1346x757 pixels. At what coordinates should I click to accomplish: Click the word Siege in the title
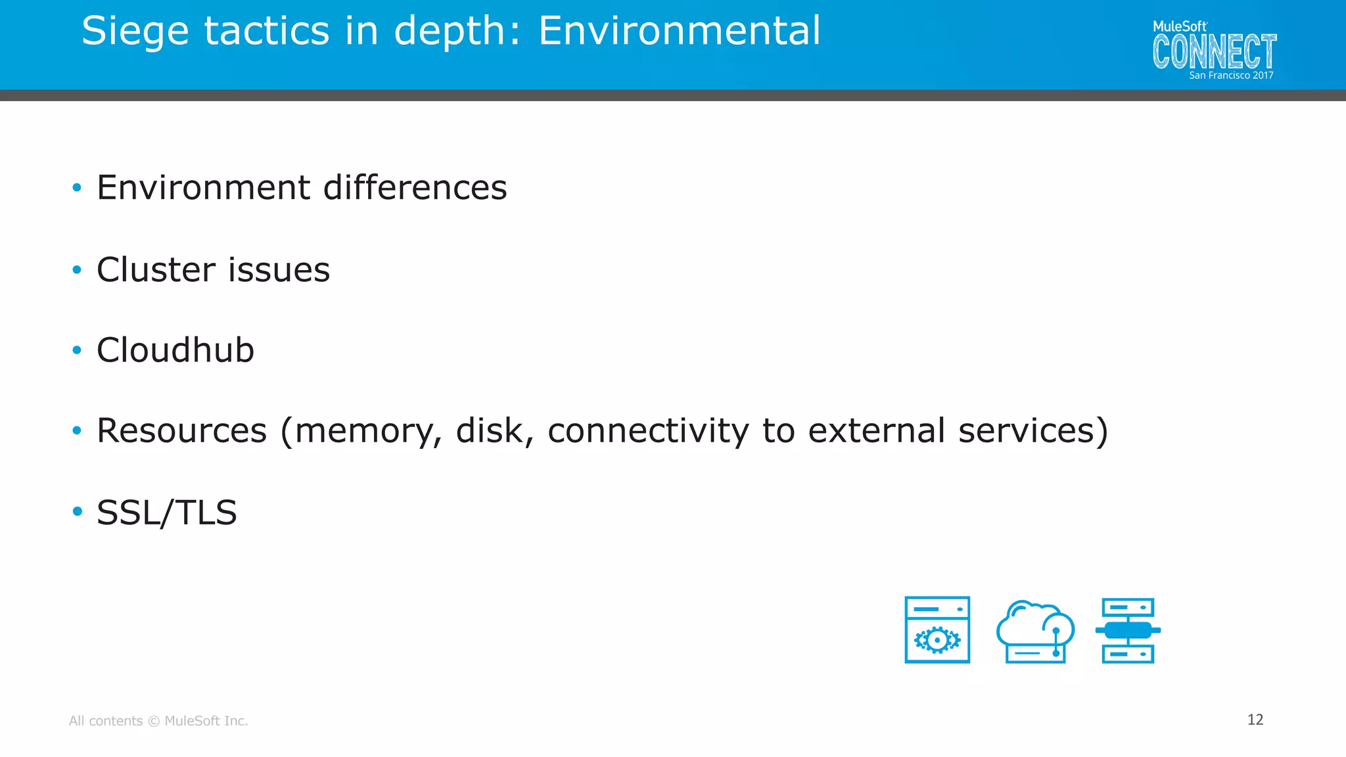pos(137,32)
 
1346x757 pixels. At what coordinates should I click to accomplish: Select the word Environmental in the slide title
pos(680,31)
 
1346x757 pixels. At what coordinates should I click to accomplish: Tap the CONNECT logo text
pos(1214,52)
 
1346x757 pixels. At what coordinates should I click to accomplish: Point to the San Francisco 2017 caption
pos(1231,76)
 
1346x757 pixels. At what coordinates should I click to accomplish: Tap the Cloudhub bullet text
pos(175,350)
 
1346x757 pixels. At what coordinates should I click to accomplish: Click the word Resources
pos(181,431)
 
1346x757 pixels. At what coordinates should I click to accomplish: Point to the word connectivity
pos(648,431)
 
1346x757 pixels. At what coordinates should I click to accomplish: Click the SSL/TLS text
pos(166,513)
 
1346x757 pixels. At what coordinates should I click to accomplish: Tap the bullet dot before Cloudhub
pos(77,351)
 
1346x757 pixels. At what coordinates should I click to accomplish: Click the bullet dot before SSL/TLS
pos(77,511)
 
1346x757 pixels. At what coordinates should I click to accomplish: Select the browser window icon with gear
pos(937,630)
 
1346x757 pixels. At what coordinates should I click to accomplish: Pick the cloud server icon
pos(1035,631)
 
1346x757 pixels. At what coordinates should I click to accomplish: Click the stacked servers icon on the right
pos(1128,630)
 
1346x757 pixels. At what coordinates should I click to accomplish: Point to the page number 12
pos(1255,720)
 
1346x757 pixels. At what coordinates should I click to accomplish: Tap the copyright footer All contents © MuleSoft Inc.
pos(158,721)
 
